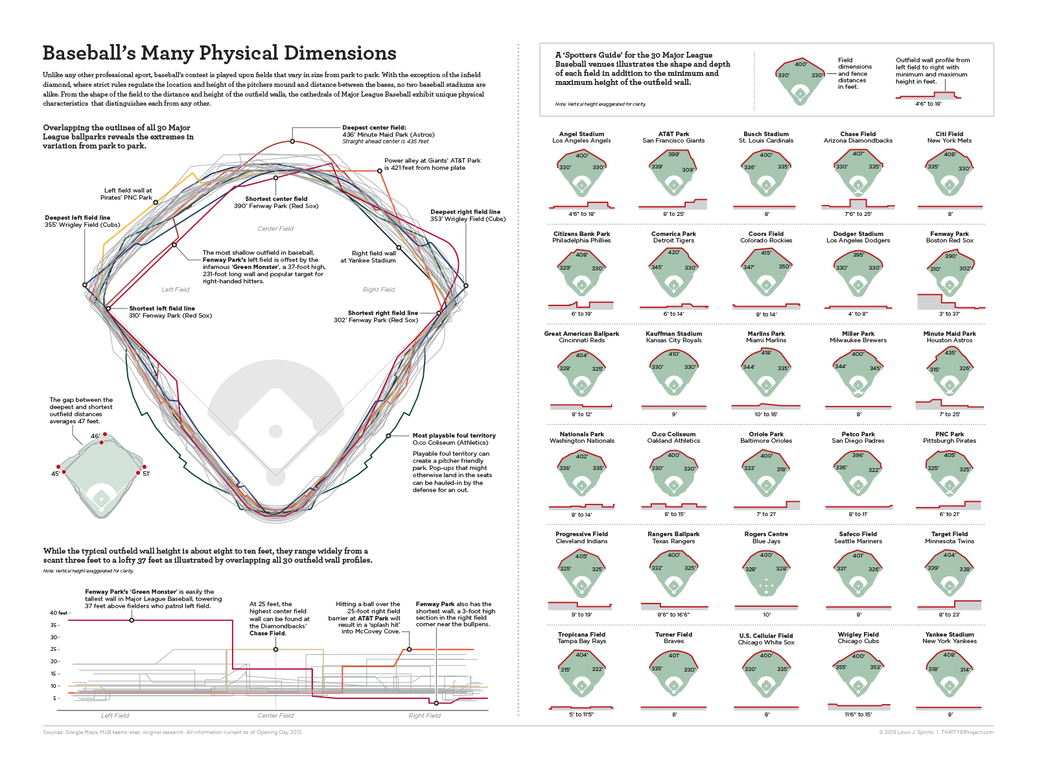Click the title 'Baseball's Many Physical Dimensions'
tap(219, 53)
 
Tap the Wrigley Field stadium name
tap(858, 635)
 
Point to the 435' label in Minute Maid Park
tap(950, 353)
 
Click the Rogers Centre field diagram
tap(766, 574)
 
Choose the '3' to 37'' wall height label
tap(950, 314)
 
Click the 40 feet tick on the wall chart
tap(58, 613)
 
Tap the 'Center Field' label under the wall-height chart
tap(275, 716)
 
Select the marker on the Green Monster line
tap(132, 620)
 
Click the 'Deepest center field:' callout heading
tap(374, 128)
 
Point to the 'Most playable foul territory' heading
tap(454, 436)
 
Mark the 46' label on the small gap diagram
tap(95, 436)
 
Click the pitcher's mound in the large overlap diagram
tap(275, 431)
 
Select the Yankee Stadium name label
tap(950, 635)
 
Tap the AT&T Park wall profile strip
tap(673, 205)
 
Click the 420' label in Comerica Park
tap(674, 252)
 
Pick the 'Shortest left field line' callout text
tap(162, 309)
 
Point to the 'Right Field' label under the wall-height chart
tap(425, 716)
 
